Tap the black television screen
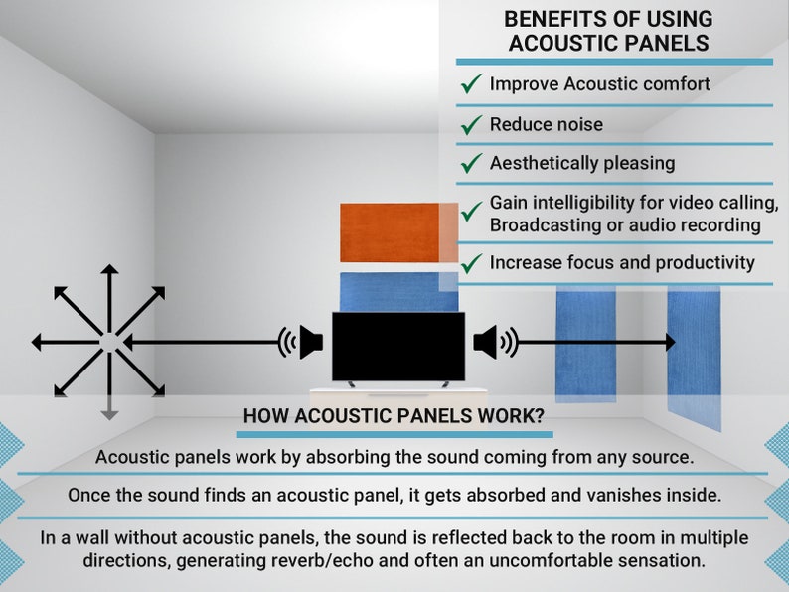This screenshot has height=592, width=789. [397, 346]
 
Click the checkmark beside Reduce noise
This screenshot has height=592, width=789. [471, 125]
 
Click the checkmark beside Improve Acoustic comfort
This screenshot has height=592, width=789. [471, 84]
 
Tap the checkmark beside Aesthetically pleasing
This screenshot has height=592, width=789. [471, 163]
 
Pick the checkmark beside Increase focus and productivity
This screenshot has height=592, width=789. [471, 264]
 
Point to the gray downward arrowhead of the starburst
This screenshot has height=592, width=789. [109, 413]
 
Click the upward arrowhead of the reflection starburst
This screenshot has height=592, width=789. [109, 269]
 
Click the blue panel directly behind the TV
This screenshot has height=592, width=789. [397, 291]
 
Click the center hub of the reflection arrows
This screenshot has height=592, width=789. [109, 342]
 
